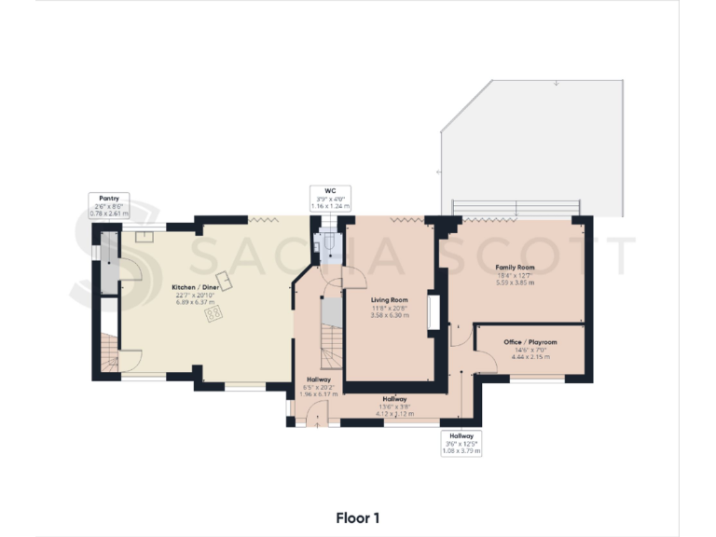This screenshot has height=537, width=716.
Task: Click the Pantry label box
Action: pos(108,205)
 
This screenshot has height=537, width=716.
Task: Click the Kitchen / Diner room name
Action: pos(195,286)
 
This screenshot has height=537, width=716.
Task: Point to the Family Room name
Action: pos(515,267)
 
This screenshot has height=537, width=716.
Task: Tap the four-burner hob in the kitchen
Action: pos(214,314)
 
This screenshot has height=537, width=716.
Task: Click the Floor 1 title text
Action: pos(358,517)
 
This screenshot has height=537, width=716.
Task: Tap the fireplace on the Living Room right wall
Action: pos(433,312)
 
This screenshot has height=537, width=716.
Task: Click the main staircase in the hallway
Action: pos(329,331)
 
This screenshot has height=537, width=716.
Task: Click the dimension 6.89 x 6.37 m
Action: pos(195,303)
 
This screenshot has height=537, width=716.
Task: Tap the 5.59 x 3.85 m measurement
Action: pos(515,282)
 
